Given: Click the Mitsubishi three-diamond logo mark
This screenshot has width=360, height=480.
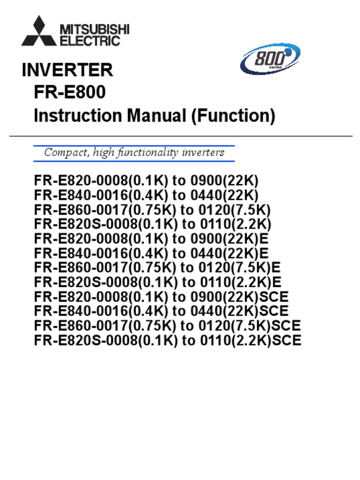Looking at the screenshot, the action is tap(39, 32).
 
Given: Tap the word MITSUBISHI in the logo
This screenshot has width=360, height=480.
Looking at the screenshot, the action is tap(94, 30).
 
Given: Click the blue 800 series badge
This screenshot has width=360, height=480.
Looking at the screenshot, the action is tap(270, 60).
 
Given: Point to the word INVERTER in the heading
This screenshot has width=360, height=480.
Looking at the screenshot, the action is tap(67, 70).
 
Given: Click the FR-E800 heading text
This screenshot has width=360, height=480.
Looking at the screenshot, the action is tap(70, 92).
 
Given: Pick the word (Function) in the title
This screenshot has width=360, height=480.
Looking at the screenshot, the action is tap(233, 115).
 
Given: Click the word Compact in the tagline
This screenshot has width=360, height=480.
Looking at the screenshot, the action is tap(64, 153).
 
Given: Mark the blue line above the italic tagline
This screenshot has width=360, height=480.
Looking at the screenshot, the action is tap(134, 146).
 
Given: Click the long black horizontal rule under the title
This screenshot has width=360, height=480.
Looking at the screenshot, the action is tap(180, 136).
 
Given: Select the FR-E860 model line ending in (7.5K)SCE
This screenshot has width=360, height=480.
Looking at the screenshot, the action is tap(167, 325).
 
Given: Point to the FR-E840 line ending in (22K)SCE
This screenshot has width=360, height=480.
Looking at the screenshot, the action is tap(161, 311).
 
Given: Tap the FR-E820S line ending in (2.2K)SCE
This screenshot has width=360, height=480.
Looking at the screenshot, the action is tap(168, 340).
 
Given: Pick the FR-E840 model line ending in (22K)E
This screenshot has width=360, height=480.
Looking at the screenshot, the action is tap(151, 253).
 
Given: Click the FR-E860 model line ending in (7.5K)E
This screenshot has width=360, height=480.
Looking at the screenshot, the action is tap(157, 268).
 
